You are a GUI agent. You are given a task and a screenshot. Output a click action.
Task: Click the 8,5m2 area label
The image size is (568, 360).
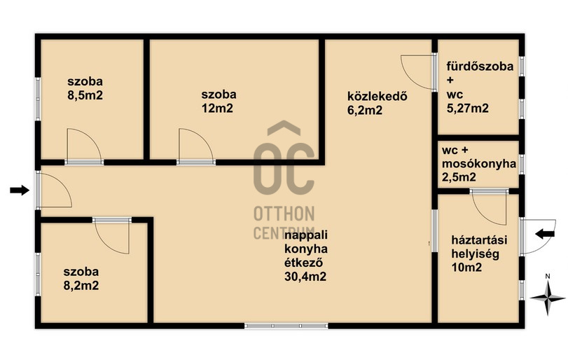(85, 95)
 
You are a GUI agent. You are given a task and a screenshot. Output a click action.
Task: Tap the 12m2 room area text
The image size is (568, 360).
(217, 109)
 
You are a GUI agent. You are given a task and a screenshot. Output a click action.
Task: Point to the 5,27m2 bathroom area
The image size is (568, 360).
(468, 109)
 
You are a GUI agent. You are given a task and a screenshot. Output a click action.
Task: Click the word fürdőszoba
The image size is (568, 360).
(480, 67)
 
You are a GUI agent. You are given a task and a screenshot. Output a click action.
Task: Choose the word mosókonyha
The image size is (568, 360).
(479, 164)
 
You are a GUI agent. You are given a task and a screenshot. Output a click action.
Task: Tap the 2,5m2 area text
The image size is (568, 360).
(459, 177)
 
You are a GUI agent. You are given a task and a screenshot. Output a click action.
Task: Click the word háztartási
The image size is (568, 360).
(479, 240)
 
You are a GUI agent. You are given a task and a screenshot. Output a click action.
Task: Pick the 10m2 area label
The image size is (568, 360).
(466, 268)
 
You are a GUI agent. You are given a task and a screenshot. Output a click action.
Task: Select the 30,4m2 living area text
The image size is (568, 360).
(305, 277)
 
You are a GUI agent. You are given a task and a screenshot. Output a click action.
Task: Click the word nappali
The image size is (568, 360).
(306, 235)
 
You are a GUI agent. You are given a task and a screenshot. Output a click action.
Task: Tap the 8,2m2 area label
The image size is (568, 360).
(81, 286)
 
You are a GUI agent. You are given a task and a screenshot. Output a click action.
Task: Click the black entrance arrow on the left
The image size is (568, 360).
(20, 190)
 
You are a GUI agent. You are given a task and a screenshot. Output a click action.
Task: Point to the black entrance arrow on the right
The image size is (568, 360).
(545, 235)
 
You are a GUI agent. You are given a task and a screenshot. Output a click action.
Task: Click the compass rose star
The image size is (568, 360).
(548, 298)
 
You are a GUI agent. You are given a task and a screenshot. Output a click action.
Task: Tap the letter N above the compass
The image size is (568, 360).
(548, 277)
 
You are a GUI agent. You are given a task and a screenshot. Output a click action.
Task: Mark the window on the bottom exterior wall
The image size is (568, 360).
(286, 326)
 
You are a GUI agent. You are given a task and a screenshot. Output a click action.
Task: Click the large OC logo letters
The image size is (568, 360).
(284, 168)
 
